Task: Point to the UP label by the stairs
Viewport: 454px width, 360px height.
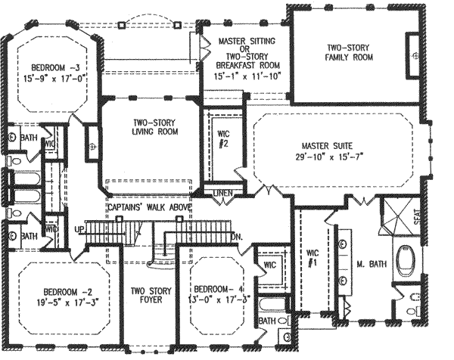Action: (78, 228)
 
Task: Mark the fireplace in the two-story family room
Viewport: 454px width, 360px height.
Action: (412, 54)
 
